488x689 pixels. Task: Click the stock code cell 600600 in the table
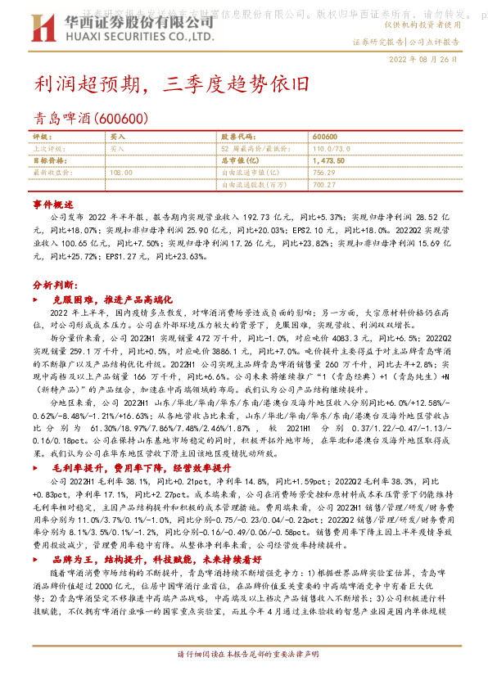[x=325, y=137]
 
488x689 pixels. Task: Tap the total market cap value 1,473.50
[x=328, y=162]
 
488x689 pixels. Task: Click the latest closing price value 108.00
[x=120, y=173]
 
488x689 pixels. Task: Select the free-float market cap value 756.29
[x=323, y=173]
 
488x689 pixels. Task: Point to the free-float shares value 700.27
[x=324, y=185]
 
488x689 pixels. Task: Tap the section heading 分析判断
[x=54, y=286]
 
